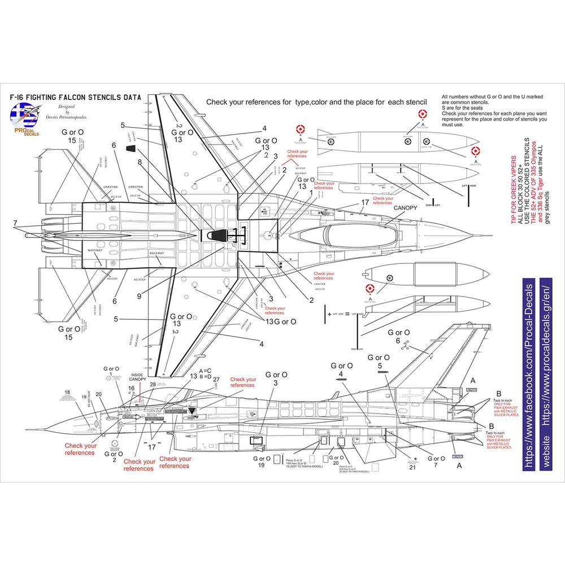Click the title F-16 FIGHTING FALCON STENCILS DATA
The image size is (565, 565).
pyautogui.click(x=75, y=97)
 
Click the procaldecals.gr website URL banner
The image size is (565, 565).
pyautogui.click(x=546, y=373)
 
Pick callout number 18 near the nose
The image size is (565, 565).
pyautogui.click(x=67, y=392)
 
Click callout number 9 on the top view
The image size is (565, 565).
pyautogui.click(x=138, y=295)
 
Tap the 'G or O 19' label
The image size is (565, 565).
pyautogui.click(x=261, y=461)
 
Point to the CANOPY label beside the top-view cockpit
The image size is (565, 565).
pyautogui.click(x=405, y=208)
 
